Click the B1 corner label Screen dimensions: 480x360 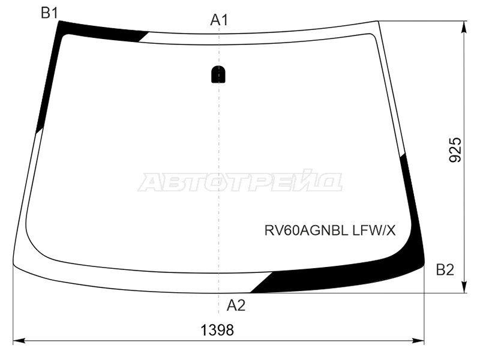[49, 13]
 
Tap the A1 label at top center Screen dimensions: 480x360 [219, 20]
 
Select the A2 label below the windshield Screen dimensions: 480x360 [236, 305]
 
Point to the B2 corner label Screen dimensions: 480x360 [445, 270]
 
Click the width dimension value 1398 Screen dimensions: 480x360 [217, 330]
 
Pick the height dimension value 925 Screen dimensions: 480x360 [455, 149]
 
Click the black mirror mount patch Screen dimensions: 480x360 [218, 74]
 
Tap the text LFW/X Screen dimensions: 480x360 [374, 230]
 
